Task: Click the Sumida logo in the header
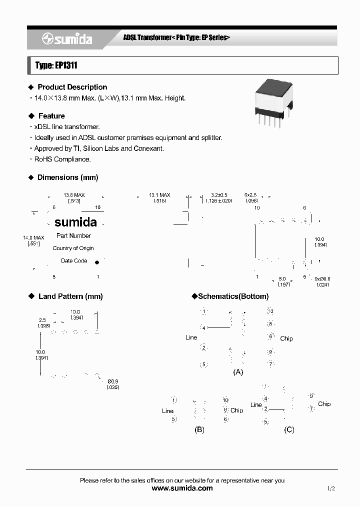tap(67, 39)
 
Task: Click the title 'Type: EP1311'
tap(55, 65)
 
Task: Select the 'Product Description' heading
tap(72, 87)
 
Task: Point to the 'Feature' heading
tap(51, 116)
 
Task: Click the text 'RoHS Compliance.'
tap(62, 159)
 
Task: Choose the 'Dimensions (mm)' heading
tap(67, 177)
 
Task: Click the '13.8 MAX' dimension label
tap(74, 195)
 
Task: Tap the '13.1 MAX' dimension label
tap(159, 195)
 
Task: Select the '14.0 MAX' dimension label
tap(34, 237)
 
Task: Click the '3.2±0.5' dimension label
tap(219, 195)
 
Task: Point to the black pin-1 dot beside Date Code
tap(97, 261)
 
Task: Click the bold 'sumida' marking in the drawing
tap(75, 222)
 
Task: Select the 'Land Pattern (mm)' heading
tap(70, 296)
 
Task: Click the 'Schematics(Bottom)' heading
tap(233, 296)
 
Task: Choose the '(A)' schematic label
tap(238, 372)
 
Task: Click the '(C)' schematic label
tap(289, 429)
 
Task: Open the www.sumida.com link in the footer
tap(182, 488)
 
